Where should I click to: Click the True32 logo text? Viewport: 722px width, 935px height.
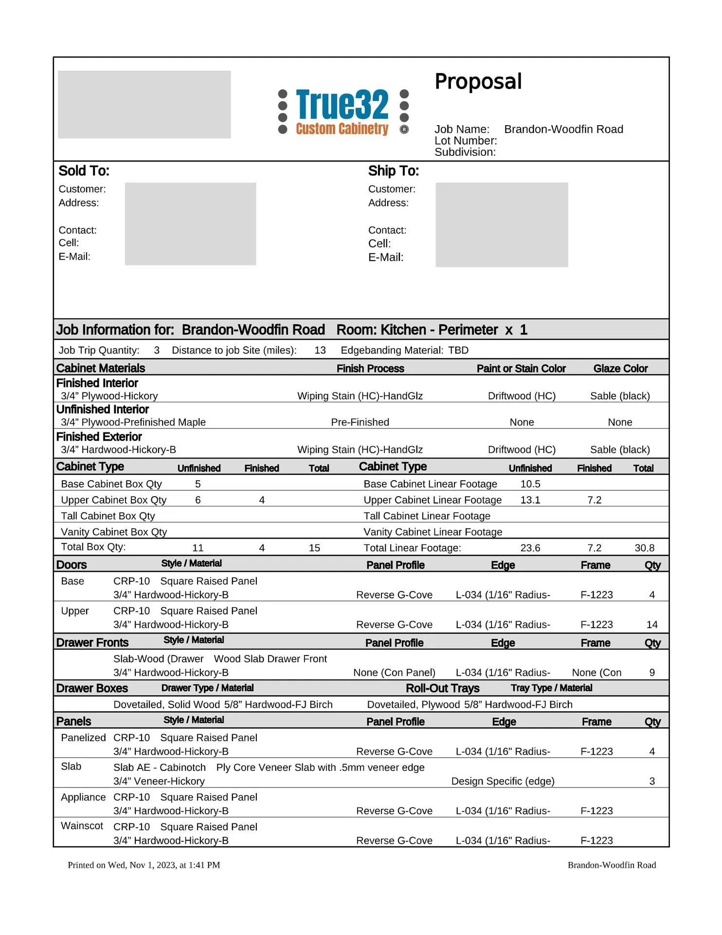[x=342, y=104]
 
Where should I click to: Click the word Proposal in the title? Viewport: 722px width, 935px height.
[x=478, y=82]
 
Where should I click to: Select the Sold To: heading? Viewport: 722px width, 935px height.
[x=84, y=171]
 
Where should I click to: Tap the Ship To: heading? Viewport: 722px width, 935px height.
[x=393, y=171]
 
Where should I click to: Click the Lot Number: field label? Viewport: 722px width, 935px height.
[x=466, y=141]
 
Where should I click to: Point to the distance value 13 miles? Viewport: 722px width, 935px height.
[x=320, y=350]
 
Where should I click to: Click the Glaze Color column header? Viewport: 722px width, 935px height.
[x=620, y=369]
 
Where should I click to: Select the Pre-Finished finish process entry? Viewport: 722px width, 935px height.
[x=360, y=422]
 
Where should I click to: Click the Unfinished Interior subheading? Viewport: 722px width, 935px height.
[x=103, y=410]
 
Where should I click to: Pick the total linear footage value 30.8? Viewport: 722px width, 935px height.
[x=644, y=548]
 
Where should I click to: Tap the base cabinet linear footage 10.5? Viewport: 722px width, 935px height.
[x=530, y=484]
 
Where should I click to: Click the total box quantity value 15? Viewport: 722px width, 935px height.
[x=314, y=548]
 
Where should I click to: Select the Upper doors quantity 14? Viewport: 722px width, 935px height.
[x=652, y=624]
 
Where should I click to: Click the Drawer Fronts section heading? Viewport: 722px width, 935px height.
[x=92, y=643]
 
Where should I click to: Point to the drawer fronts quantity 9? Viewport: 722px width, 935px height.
[x=652, y=673]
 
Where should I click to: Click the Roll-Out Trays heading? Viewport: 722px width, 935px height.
[x=443, y=688]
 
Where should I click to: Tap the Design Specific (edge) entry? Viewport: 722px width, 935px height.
[x=503, y=781]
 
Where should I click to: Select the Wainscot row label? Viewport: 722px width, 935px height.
[x=82, y=826]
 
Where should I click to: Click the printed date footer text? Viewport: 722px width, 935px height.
[x=144, y=865]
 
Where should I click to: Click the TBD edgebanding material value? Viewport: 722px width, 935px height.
[x=458, y=350]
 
